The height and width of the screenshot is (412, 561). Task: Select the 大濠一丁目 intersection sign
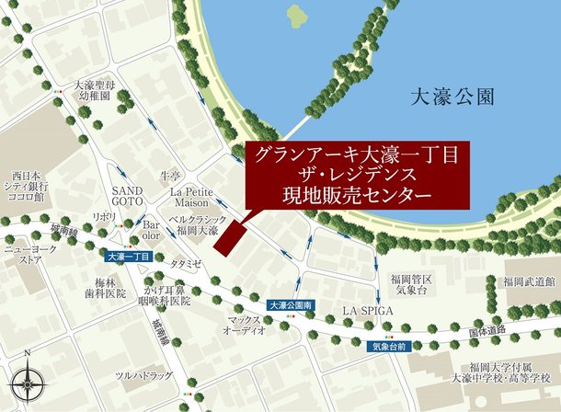coord(129,257)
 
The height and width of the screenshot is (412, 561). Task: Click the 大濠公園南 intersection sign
coord(292,304)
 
